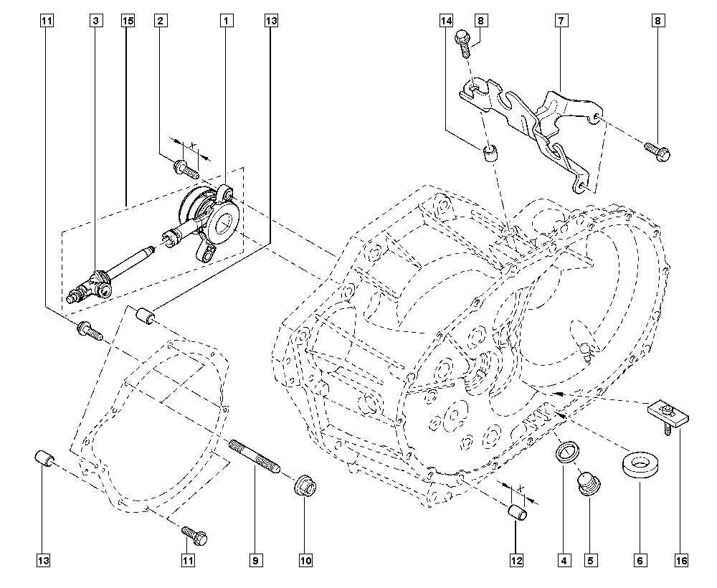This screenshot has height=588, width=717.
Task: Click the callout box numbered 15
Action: [128, 21]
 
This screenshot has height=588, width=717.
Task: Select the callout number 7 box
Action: [561, 21]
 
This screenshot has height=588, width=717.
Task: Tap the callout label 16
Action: [681, 560]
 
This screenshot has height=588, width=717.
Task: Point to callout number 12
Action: [516, 560]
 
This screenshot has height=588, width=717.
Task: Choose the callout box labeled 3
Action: [95, 21]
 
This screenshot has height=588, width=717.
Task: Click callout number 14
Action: [447, 21]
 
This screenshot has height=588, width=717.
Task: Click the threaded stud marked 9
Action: [255, 457]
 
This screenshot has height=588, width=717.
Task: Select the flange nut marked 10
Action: [305, 487]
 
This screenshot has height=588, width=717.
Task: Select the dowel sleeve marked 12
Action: [518, 512]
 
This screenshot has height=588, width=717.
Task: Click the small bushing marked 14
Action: [490, 153]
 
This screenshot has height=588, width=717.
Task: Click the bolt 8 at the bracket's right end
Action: [658, 152]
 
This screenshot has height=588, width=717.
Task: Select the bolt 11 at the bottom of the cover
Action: [194, 536]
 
